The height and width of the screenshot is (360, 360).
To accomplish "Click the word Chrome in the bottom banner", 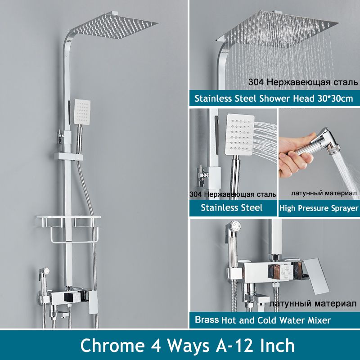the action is pyautogui.click(x=112, y=345).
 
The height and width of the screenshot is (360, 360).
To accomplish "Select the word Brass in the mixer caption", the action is pyautogui.click(x=207, y=320).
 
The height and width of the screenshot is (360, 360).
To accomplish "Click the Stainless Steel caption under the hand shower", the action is pyautogui.click(x=231, y=207).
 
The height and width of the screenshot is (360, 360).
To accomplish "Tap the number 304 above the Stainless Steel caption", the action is pyautogui.click(x=195, y=194).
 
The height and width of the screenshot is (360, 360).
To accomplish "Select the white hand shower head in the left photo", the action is pyautogui.click(x=82, y=112).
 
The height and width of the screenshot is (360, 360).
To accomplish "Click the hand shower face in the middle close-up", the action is pyautogui.click(x=240, y=134).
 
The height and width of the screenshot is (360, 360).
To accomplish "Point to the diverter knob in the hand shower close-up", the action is pyautogui.click(x=201, y=175).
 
